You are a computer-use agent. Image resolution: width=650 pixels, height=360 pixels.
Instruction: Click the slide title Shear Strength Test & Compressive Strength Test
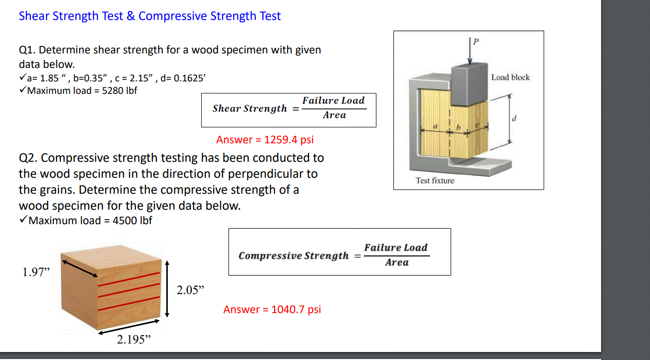(149, 16)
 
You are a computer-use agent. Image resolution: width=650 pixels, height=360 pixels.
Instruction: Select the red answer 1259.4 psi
(265, 140)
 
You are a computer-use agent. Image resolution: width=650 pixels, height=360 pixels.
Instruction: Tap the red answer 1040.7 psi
(272, 310)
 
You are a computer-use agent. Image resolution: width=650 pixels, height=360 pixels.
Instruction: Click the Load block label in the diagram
(510, 77)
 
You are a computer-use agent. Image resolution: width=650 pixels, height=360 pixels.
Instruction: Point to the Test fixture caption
(435, 181)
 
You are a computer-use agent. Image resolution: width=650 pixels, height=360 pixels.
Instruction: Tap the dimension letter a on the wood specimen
(435, 127)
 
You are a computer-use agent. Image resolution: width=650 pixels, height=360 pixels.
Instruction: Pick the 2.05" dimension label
(191, 290)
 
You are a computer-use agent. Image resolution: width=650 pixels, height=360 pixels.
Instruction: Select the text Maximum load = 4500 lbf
(90, 220)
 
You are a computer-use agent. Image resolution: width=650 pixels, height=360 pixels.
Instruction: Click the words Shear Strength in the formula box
(250, 108)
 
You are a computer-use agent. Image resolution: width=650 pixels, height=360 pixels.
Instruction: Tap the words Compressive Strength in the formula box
(294, 256)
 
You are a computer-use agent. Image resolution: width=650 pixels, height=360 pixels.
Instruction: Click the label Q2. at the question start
(28, 158)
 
